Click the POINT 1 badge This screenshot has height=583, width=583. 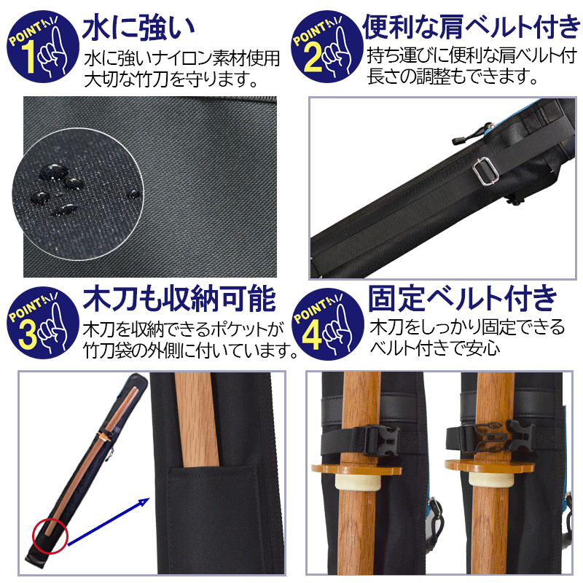[43, 47]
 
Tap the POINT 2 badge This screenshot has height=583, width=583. [326, 47]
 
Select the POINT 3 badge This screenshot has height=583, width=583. [43, 323]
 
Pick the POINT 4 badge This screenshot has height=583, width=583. [327, 324]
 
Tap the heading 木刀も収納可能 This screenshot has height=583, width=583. [179, 299]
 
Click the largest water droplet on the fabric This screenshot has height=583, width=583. [54, 172]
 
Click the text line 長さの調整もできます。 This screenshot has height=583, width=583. [453, 77]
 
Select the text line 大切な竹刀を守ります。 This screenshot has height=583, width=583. [171, 79]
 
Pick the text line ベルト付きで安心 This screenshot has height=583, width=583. [435, 348]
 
